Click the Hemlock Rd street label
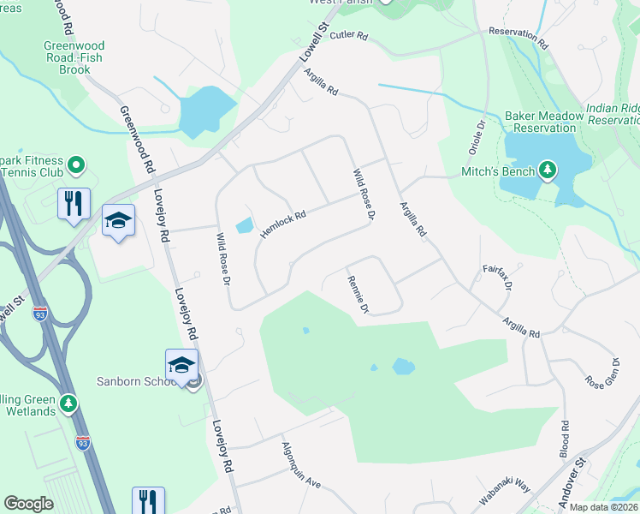pyautogui.click(x=283, y=225)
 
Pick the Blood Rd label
pyautogui.click(x=565, y=437)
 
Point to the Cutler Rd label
pyautogui.click(x=348, y=35)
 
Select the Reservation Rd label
pyautogui.click(x=518, y=34)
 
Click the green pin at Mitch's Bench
pyautogui.click(x=548, y=170)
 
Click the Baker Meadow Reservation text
pyautogui.click(x=540, y=122)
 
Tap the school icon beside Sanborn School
pyautogui.click(x=181, y=366)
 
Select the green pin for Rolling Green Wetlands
pyautogui.click(x=69, y=402)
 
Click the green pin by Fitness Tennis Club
pyautogui.click(x=75, y=163)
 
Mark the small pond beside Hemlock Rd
pyautogui.click(x=243, y=225)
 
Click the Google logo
pyautogui.click(x=28, y=504)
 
